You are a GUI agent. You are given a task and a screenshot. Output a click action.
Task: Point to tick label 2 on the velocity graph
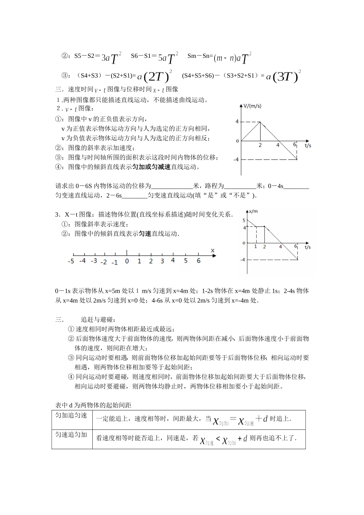[x=260, y=145]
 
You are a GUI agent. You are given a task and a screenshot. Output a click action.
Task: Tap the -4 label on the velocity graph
[x=236, y=159]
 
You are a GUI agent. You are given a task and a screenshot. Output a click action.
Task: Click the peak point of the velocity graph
[x=261, y=122]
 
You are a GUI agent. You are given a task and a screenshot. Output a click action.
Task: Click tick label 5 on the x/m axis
[x=244, y=220]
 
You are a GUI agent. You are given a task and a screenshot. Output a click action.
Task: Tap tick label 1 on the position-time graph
[x=256, y=246]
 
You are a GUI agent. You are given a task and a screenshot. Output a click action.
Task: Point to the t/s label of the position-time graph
[x=308, y=247]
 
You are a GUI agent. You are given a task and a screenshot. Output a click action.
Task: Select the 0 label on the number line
[x=127, y=261]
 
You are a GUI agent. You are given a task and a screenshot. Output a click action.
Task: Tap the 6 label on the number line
[x=198, y=261]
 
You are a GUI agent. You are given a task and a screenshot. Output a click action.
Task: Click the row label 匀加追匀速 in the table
[x=71, y=415]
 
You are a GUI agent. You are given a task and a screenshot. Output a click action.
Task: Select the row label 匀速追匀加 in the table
[x=71, y=435]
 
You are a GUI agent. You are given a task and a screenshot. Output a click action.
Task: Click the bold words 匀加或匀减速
[x=151, y=167]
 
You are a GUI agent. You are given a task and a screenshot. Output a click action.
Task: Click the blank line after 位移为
[x=172, y=186]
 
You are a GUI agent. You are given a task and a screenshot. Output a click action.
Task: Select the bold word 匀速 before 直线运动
[x=144, y=233]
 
